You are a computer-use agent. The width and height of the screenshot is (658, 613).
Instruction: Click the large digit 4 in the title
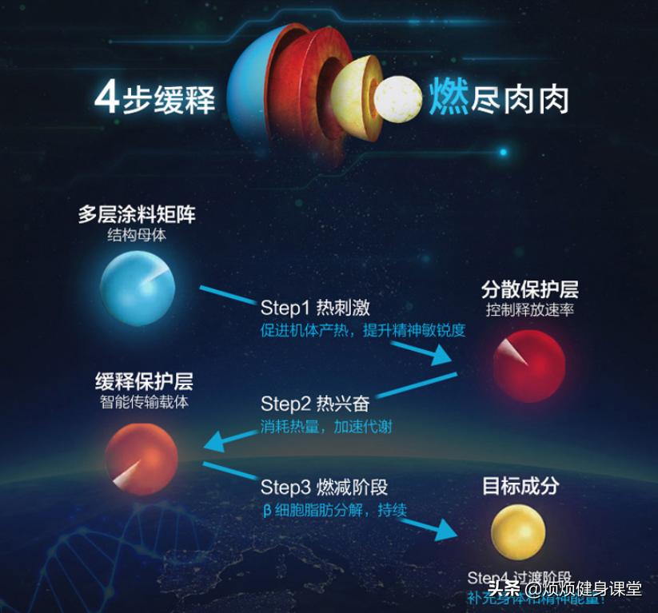(x=106, y=98)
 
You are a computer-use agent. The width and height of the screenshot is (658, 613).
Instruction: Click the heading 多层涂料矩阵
(x=137, y=215)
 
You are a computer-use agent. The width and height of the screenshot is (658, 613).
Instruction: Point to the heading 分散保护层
(x=529, y=289)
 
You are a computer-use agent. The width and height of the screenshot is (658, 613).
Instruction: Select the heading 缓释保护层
(x=144, y=380)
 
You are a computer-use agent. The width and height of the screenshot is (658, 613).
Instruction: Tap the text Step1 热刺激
(x=315, y=308)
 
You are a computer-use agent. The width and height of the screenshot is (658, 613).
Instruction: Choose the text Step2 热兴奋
(x=315, y=404)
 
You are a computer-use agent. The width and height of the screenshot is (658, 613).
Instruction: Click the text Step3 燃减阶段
(x=324, y=487)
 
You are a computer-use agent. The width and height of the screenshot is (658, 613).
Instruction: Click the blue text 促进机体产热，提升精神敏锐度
(x=362, y=330)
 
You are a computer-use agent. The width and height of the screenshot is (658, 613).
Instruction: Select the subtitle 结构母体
(x=137, y=236)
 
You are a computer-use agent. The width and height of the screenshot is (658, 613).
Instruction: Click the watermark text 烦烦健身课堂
(x=592, y=590)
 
